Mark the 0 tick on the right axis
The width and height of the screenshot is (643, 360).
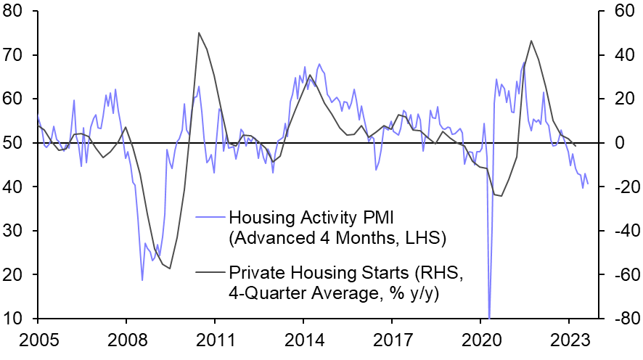(x=614, y=143)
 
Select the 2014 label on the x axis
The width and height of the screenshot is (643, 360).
(x=303, y=340)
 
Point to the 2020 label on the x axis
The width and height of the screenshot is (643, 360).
(x=480, y=340)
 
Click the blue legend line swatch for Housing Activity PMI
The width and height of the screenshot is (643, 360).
(x=210, y=217)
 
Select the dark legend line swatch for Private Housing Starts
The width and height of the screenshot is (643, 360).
(x=210, y=272)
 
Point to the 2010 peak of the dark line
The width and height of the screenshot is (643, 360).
(x=199, y=33)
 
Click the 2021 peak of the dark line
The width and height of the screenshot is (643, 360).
(x=531, y=41)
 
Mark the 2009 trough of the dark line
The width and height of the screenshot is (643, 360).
(x=171, y=269)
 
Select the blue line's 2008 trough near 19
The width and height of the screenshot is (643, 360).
(x=142, y=279)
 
